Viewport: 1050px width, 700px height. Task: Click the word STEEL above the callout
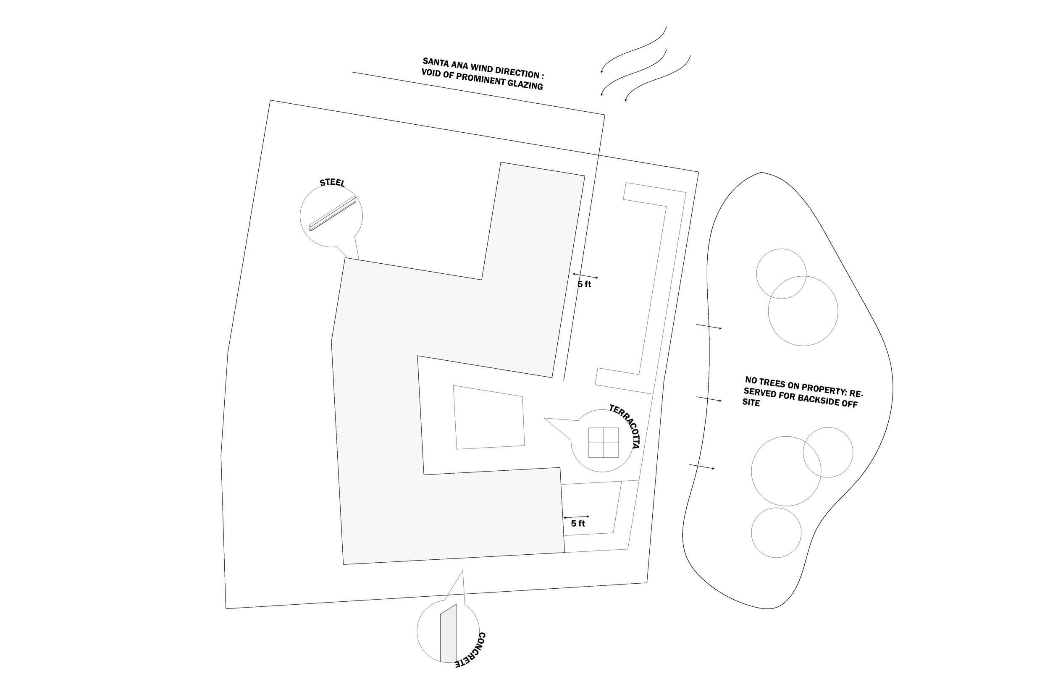332,183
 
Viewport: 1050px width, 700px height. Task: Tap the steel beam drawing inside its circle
332,214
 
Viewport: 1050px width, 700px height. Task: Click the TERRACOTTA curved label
625,426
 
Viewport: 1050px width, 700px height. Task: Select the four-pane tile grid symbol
603,443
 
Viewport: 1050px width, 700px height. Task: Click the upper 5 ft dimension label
584,284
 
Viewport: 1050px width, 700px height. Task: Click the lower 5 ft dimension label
577,524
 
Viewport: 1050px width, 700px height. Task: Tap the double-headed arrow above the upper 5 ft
585,276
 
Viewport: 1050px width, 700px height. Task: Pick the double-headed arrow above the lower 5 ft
576,517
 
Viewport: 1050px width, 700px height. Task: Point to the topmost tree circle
781,274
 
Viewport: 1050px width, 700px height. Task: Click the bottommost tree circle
776,532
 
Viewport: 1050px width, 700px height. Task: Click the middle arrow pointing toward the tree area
709,399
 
